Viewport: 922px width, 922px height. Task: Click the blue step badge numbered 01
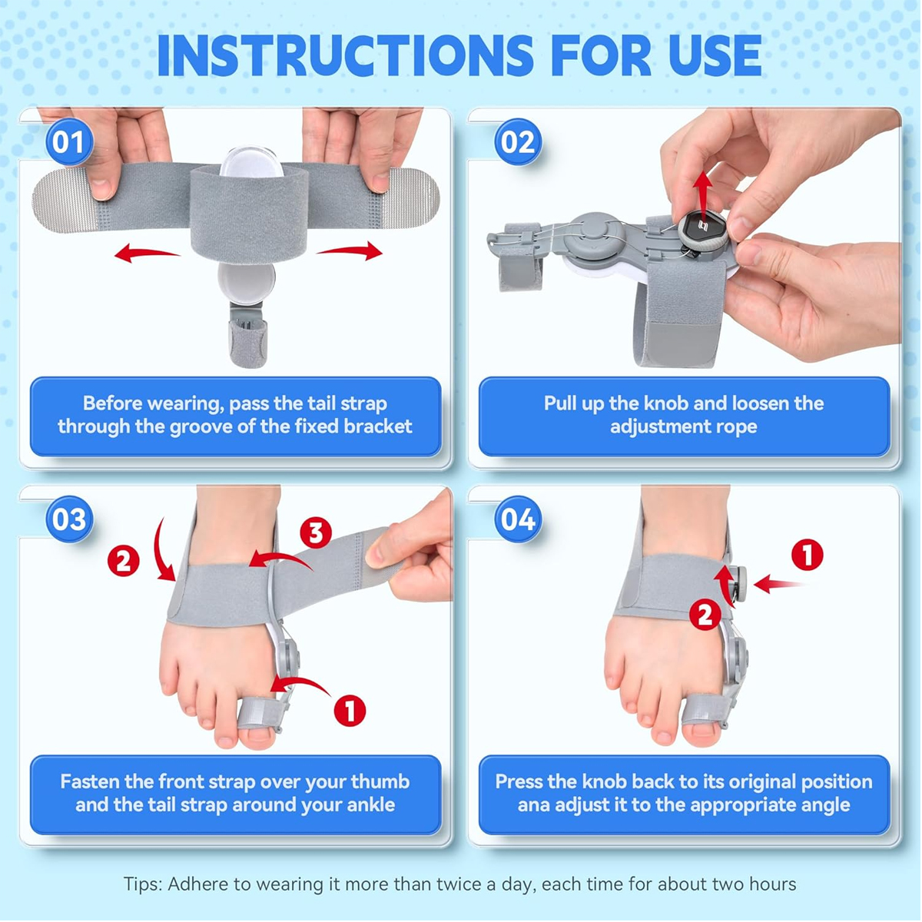point(69,142)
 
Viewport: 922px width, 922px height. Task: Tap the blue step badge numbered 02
point(518,142)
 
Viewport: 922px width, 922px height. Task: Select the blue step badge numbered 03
point(69,519)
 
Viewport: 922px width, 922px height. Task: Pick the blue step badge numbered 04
point(518,519)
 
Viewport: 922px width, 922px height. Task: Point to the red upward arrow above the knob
point(702,196)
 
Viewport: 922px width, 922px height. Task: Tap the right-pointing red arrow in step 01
point(350,250)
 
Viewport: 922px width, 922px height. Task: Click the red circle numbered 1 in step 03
point(350,710)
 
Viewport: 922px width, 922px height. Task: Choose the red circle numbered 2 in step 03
point(124,561)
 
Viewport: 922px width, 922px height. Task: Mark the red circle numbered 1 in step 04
point(808,555)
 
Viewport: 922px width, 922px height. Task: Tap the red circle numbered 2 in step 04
point(705,615)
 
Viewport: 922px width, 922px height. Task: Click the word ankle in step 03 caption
point(371,804)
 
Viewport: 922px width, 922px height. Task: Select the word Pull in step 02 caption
point(560,403)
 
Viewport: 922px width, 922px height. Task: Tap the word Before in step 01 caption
point(112,403)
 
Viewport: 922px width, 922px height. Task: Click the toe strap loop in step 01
point(248,342)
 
